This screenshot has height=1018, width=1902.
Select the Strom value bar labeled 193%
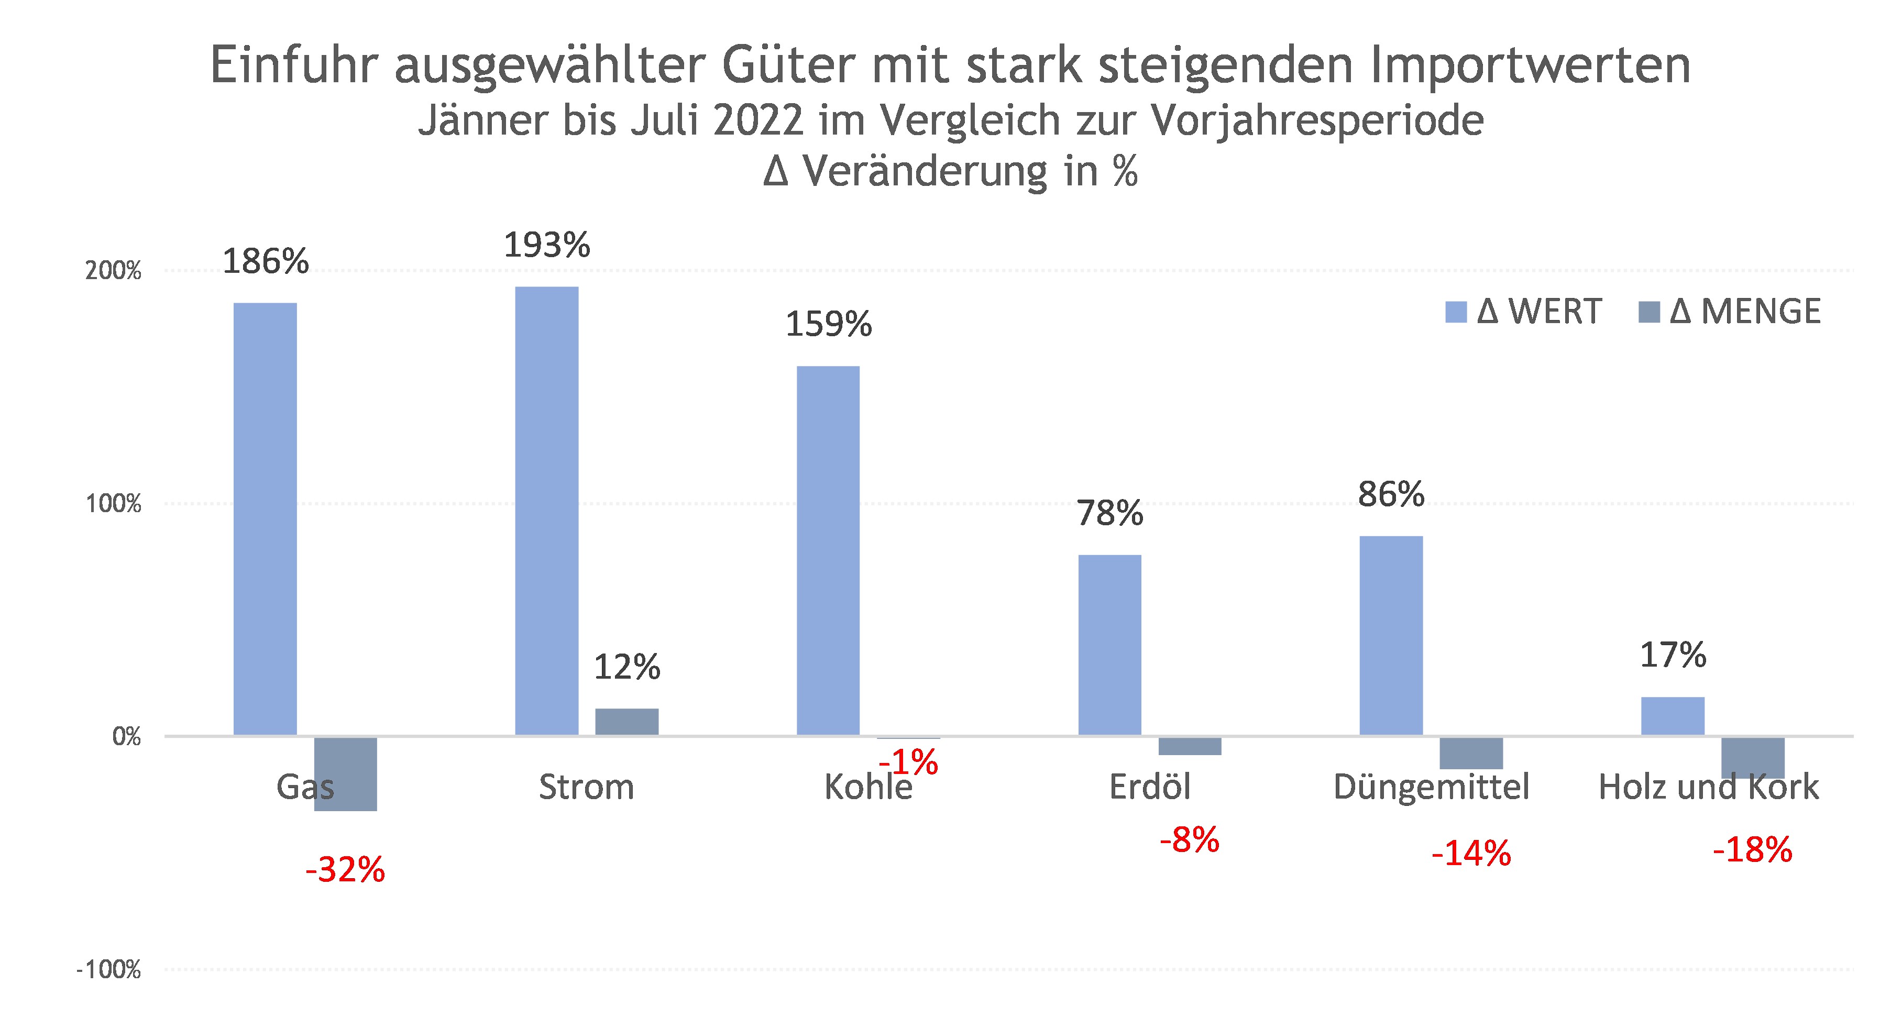tap(546, 510)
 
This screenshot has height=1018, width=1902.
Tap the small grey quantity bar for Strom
tap(627, 721)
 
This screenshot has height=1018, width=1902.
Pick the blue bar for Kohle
tap(828, 550)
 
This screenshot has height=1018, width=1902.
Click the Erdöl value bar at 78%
tap(1110, 645)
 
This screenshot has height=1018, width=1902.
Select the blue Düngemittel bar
tap(1391, 635)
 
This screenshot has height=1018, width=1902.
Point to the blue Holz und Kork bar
tap(1673, 715)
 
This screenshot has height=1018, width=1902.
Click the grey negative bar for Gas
tap(346, 773)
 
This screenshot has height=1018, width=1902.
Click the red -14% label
tap(1471, 854)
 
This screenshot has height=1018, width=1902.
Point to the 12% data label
tap(627, 667)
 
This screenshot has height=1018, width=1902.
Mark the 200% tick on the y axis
tap(113, 271)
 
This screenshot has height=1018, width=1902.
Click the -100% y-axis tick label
tap(108, 969)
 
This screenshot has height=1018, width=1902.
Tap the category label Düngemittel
tap(1431, 787)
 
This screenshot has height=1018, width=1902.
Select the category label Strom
tap(586, 787)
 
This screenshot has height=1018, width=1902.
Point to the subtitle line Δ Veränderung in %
tap(950, 171)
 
